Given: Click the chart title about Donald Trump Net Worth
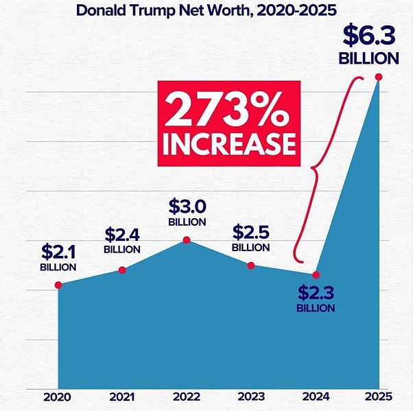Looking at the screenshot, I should [206, 11].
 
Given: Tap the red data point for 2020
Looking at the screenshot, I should [58, 285].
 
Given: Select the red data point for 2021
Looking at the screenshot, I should [122, 270].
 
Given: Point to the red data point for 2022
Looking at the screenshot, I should [187, 240].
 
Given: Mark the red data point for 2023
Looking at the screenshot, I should [251, 266].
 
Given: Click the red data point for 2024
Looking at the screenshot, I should [316, 275].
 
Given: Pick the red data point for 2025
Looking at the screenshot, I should [379, 77].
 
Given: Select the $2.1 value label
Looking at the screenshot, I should [58, 251].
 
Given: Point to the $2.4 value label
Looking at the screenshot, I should [122, 235].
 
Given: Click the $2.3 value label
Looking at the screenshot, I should [316, 292].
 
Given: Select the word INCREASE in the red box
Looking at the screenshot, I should [228, 144].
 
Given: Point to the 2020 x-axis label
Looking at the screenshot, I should [58, 397].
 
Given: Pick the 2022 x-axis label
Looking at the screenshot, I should [187, 397].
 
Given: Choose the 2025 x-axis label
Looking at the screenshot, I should [377, 397].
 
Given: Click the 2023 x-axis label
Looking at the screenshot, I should [251, 397].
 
